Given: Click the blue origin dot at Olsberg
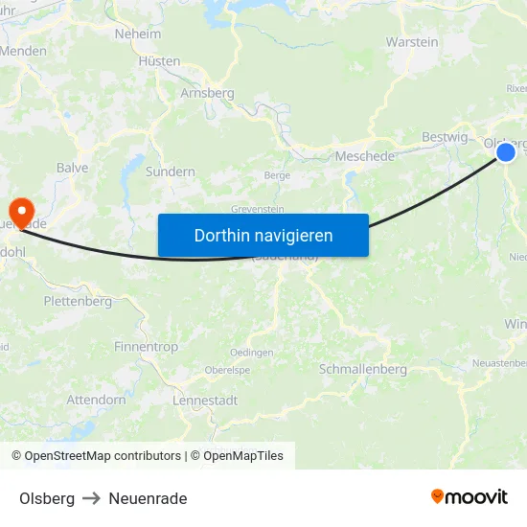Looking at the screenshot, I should point(506,151).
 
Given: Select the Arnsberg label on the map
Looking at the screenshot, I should point(207,93).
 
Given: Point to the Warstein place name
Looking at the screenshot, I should point(412,42).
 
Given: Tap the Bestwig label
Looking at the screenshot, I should point(445,137).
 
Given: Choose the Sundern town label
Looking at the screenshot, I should point(170,172).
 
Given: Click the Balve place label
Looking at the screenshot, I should point(72,168).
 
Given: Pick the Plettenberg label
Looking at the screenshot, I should point(78,301).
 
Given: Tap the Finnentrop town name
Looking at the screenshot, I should point(145,346).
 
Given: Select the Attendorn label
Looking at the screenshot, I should point(96,400).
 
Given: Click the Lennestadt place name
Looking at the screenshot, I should point(205,401).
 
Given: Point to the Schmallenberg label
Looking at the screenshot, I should point(362,369).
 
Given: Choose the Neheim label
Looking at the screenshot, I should point(138,34).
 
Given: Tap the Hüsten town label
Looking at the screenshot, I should point(159,60).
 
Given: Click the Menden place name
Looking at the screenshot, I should point(24,51).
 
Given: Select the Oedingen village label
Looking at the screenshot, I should point(252,353).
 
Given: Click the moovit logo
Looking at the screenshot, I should point(469,497).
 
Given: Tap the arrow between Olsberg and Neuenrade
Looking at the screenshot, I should point(92,498).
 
